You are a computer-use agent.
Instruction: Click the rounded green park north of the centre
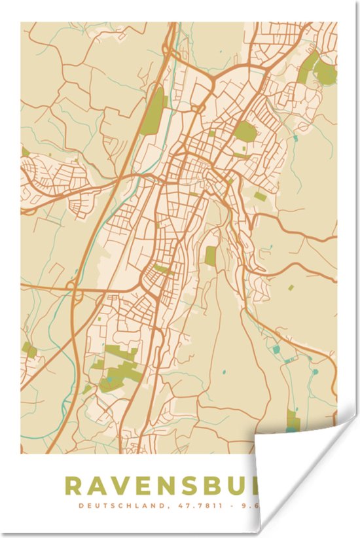245,132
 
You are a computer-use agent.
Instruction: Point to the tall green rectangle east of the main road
210,255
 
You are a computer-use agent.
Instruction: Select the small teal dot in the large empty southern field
223,372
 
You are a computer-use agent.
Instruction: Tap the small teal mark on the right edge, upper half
297,138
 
